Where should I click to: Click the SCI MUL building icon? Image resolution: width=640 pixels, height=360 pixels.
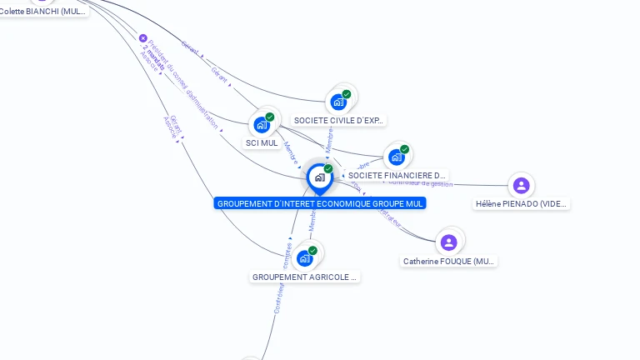point(263,125)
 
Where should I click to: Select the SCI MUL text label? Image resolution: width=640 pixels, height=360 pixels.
point(262,143)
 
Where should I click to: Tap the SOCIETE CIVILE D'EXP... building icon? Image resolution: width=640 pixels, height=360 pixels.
point(338,102)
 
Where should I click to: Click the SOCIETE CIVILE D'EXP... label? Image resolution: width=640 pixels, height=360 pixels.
point(338,121)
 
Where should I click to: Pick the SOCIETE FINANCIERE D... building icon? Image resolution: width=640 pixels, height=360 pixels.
point(397,157)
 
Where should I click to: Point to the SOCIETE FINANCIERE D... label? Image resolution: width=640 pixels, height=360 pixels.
point(397,176)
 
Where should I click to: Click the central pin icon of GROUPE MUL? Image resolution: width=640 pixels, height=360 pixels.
point(319,177)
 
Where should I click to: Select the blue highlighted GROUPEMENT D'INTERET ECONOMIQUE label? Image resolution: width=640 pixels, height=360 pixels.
point(320,203)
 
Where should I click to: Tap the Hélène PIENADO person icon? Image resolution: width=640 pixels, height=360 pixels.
point(521,185)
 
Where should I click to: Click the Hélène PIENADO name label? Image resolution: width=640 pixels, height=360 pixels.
point(522,204)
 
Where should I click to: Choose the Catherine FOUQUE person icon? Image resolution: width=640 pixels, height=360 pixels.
point(449,242)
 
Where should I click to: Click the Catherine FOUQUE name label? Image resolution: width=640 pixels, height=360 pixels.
point(449,262)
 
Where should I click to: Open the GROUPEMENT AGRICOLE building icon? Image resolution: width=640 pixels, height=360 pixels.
point(305,258)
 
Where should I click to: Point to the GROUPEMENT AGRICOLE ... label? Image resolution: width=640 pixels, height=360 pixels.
point(305,277)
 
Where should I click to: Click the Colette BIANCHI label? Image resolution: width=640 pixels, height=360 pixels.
point(43,12)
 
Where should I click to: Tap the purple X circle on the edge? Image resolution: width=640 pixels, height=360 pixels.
point(142,38)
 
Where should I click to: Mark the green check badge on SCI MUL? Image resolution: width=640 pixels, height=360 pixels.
point(270,117)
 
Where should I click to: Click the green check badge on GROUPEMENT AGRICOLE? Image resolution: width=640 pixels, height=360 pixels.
point(312,251)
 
